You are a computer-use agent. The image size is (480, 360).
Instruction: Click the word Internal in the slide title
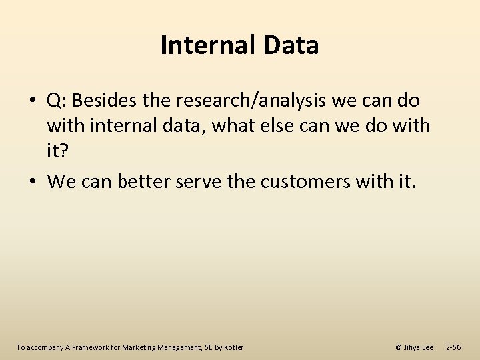pyautogui.click(x=198, y=45)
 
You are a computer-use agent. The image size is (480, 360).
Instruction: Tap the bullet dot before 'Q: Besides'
pyautogui.click(x=33, y=101)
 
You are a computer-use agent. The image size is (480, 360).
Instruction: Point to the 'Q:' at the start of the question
pyautogui.click(x=57, y=101)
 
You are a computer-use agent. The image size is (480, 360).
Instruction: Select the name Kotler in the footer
pyautogui.click(x=233, y=347)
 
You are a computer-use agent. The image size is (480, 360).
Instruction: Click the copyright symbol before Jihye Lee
pyautogui.click(x=399, y=347)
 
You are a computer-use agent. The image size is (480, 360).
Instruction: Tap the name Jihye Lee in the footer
pyautogui.click(x=419, y=347)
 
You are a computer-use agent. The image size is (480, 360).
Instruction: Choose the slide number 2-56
pyautogui.click(x=453, y=347)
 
